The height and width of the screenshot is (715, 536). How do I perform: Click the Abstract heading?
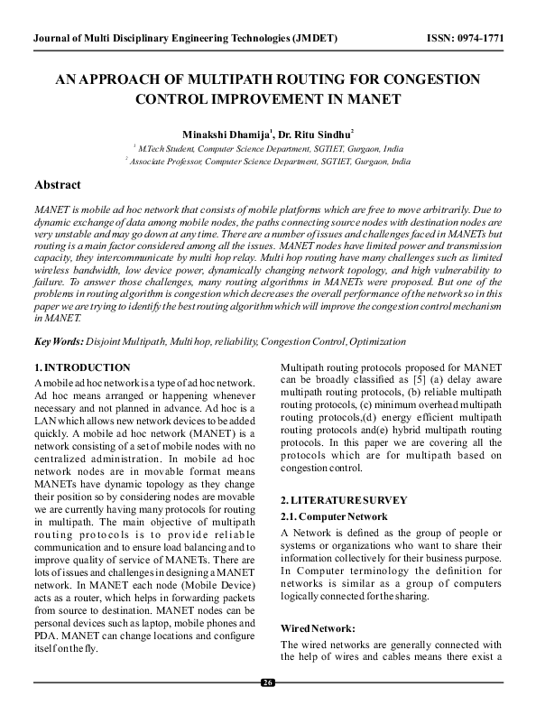(x=57, y=184)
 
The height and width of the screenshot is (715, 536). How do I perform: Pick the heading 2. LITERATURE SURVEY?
(x=344, y=499)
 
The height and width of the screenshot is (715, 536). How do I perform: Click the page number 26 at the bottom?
(x=268, y=682)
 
